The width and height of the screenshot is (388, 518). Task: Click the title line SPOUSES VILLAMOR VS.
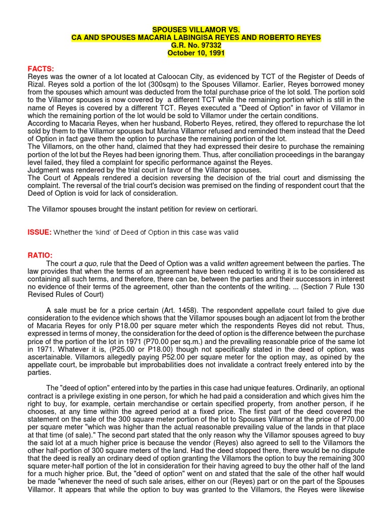195,30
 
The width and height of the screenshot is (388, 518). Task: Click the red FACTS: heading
40,69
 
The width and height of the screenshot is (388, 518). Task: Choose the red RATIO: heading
40,255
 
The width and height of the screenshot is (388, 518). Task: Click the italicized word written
237,264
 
